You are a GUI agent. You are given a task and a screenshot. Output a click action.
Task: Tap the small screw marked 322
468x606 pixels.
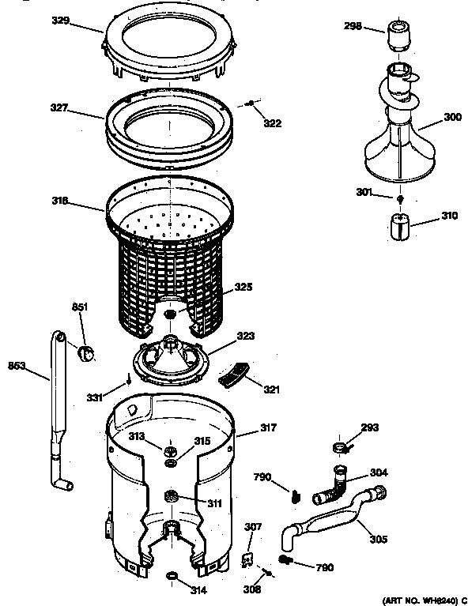pyautogui.click(x=250, y=103)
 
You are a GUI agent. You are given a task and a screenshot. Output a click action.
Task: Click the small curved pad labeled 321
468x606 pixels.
pyautogui.click(x=232, y=375)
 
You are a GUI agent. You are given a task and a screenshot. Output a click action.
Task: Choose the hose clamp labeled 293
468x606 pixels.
pyautogui.click(x=340, y=448)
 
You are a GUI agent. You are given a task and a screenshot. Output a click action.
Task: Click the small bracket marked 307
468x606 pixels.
pyautogui.click(x=247, y=558)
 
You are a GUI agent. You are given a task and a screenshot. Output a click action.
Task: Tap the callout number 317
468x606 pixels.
pyautogui.click(x=269, y=429)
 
